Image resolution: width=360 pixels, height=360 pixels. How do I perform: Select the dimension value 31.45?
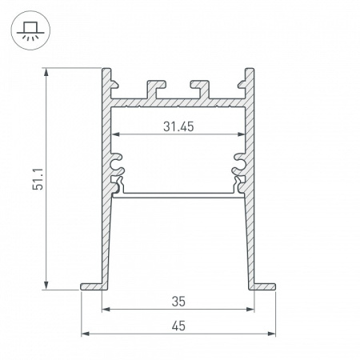coord(178,125)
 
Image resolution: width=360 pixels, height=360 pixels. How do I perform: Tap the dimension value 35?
coord(178,302)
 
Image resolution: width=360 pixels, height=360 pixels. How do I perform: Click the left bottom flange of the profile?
coord(92,285)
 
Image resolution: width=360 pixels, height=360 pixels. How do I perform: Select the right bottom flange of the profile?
coord(264,285)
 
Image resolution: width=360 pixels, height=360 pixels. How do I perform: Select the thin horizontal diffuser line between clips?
coord(178,194)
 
